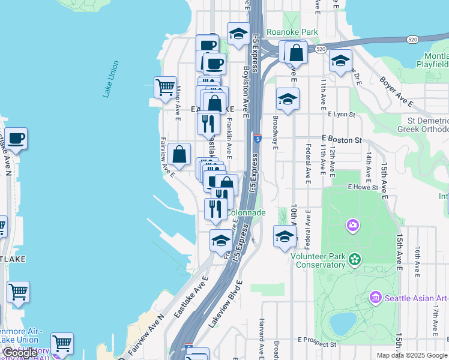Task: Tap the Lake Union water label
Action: pos(110,79)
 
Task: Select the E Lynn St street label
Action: pos(342,113)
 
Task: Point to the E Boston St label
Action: pos(342,140)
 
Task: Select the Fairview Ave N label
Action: pos(146,337)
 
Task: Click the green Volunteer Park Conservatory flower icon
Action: pos(355,259)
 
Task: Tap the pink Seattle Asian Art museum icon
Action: pos(376,297)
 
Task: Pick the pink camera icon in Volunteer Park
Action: pos(352,226)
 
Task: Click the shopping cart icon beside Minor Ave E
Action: pos(165,87)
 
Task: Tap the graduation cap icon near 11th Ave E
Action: pos(340,61)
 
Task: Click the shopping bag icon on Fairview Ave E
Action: pos(179,154)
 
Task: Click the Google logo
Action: pos(20,353)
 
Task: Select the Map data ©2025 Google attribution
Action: pos(412,355)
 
